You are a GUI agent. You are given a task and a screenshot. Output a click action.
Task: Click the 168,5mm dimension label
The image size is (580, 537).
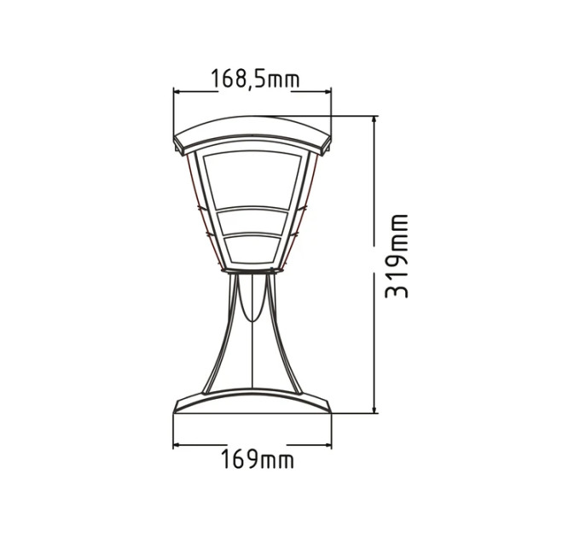254,78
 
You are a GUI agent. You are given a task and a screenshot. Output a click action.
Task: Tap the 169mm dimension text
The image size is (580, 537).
258,459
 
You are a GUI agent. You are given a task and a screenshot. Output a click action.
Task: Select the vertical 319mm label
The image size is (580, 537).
396,256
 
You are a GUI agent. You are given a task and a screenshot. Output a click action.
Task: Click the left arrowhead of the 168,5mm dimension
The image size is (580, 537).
177,92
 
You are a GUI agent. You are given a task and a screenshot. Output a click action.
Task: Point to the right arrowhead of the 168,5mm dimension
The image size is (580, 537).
327,92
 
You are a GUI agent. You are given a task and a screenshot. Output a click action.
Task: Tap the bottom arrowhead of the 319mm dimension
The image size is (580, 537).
375,409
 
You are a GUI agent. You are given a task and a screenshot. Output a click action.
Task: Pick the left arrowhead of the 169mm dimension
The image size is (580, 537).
177,445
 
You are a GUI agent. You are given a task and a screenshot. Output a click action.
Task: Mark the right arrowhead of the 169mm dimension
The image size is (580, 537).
327,445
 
